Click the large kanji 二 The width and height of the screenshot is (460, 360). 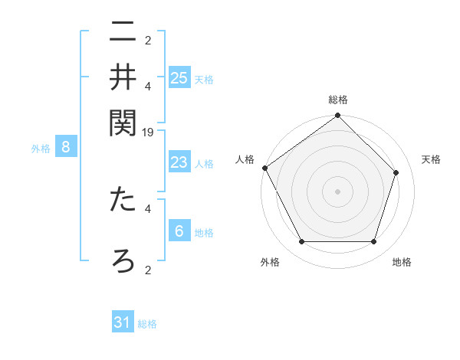coord(123,33)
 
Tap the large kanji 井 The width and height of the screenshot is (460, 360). coord(123,77)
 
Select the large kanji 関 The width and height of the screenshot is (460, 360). coord(123,121)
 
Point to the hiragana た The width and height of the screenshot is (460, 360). coord(123,200)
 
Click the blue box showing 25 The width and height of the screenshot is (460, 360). coord(179,77)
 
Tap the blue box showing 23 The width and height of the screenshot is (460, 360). coord(179,162)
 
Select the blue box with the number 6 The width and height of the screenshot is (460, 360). coord(179,231)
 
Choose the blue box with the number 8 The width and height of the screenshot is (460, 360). coord(66,148)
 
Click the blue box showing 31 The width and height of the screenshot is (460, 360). coord(123,322)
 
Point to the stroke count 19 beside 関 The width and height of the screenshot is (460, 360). coord(148,132)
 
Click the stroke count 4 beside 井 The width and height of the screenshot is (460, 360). coord(148,86)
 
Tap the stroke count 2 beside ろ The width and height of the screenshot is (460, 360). coord(148,269)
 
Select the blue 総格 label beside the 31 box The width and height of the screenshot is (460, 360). coord(147,324)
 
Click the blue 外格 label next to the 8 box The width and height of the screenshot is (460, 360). coord(41,149)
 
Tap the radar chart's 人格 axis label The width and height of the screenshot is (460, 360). coord(245,159)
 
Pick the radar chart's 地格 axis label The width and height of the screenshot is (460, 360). coord(402,262)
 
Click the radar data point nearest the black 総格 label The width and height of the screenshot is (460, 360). coord(337,116)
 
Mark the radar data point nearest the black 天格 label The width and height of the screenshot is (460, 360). coord(396,172)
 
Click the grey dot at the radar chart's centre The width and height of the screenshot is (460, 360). coord(337,191)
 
